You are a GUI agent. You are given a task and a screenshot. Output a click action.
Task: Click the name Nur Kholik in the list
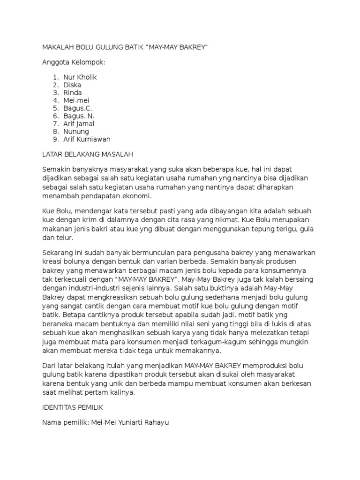[80, 77]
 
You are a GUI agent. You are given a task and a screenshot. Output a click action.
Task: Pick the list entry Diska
[72, 85]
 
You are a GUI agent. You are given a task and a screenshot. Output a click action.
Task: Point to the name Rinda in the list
[73, 93]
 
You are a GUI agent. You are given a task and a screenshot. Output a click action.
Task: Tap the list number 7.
[55, 124]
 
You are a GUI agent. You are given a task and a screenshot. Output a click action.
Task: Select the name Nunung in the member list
[76, 132]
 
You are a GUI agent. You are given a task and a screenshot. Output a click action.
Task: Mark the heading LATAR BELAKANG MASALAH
[88, 154]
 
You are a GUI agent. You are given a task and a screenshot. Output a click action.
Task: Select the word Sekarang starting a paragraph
[58, 253]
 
